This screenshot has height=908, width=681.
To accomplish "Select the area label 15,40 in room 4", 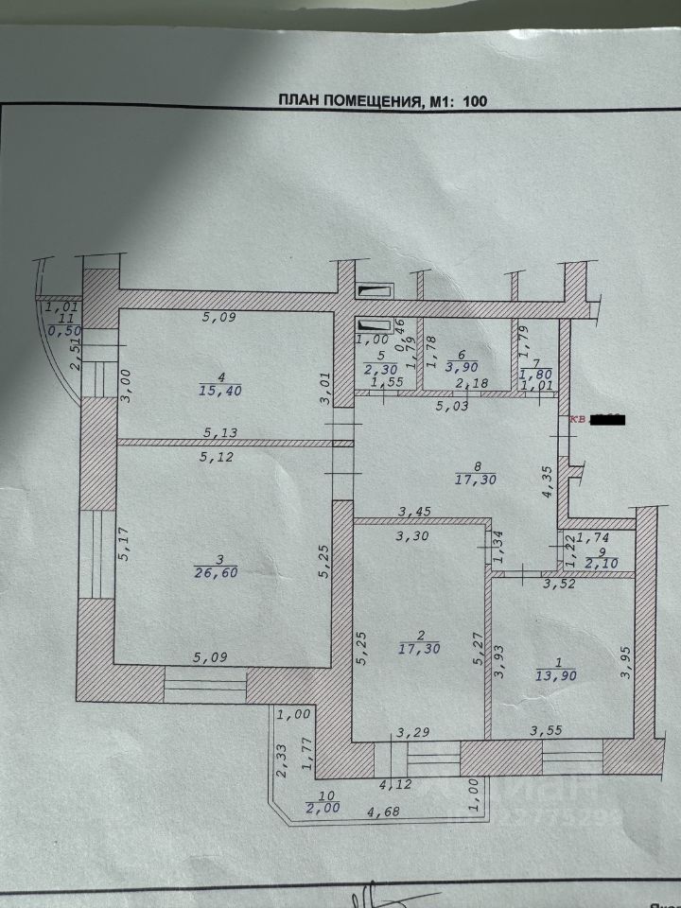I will tap(218, 389).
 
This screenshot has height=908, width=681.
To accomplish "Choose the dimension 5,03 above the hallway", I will tap(452, 408).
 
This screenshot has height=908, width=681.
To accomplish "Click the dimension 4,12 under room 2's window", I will tap(395, 784).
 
